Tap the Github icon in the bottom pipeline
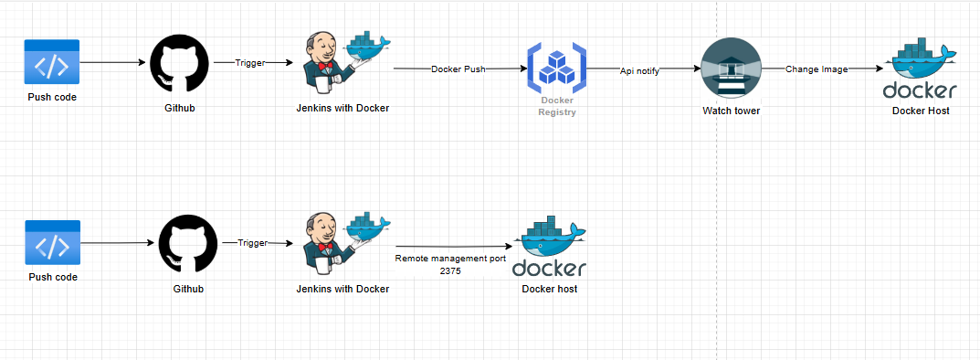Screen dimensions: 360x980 point(189,244)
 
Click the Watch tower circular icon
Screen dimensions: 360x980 point(731,69)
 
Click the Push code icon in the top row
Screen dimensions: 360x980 point(52,62)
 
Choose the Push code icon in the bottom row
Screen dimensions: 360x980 point(52,244)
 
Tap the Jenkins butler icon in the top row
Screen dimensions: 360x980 point(343,63)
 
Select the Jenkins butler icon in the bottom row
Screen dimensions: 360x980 point(343,245)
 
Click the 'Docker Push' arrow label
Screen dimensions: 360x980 point(458,69)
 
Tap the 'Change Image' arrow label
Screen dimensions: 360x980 point(817,69)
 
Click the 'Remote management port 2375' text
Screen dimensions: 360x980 point(450,265)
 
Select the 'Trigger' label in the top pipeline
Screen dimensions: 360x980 point(249,63)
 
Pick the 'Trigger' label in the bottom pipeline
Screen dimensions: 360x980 point(253,243)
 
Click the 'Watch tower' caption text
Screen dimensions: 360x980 point(731,111)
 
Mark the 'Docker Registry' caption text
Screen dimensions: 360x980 point(557,106)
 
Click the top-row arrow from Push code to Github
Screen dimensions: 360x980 point(113,62)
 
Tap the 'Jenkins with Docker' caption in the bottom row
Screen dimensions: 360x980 point(342,289)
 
